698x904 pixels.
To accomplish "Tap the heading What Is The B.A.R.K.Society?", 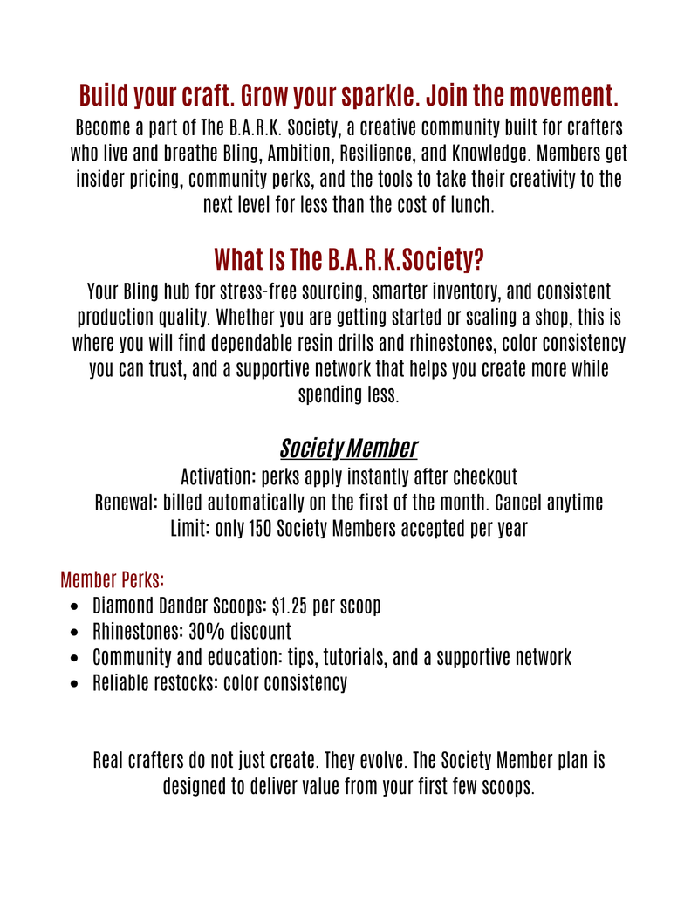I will click(x=349, y=259).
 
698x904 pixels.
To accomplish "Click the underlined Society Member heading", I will click(x=348, y=449).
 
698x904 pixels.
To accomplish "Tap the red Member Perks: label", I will click(x=113, y=579).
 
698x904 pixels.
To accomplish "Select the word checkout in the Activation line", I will click(x=480, y=477).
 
